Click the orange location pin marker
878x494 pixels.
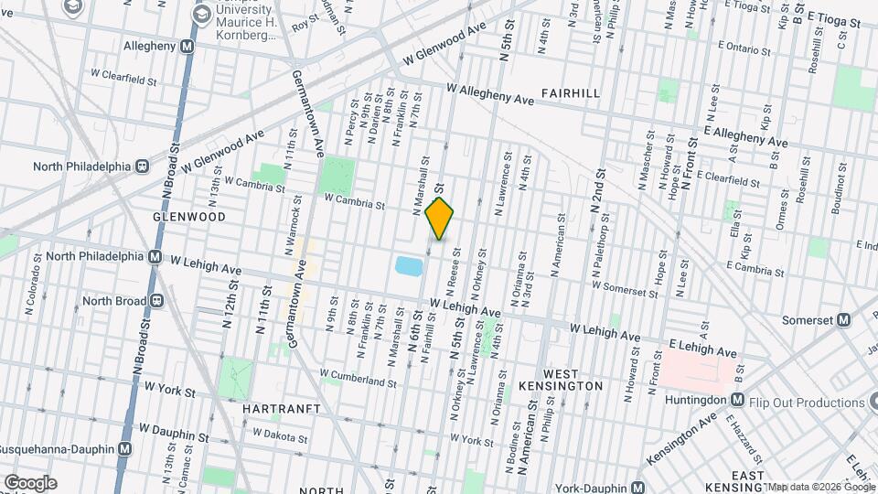[x=440, y=219]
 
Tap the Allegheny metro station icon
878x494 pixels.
[x=187, y=46]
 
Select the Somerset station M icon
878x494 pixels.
[x=843, y=320]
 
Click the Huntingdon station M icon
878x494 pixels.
[x=737, y=399]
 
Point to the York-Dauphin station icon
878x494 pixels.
[x=644, y=489]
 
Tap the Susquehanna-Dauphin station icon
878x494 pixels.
[x=125, y=449]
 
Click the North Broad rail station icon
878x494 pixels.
[x=156, y=300]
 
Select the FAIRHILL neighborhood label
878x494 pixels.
[x=571, y=93]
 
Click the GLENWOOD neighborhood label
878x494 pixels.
[x=190, y=217]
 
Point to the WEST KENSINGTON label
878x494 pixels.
[x=573, y=380]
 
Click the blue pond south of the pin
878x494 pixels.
[x=409, y=266]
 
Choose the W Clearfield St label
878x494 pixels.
[x=123, y=73]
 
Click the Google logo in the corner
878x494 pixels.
[x=29, y=482]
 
